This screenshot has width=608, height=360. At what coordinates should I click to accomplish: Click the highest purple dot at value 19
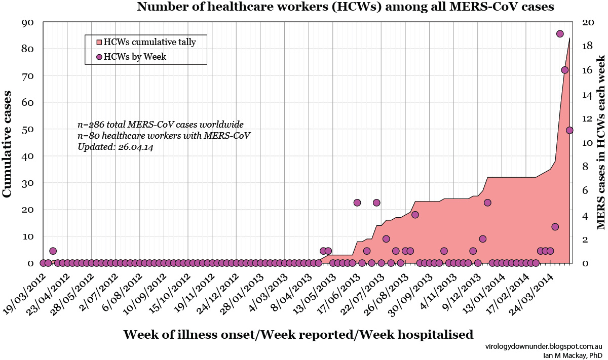pos(560,34)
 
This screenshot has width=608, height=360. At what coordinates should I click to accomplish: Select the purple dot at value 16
pos(564,70)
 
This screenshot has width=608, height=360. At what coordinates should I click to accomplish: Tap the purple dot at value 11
pos(569,130)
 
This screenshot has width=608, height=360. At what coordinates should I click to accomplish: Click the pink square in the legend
pos(99,42)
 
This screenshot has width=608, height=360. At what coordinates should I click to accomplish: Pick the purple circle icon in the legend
pos(99,57)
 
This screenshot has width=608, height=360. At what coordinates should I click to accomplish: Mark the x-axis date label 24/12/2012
pos(217,291)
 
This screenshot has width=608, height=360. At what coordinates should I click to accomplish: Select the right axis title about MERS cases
pos(601,144)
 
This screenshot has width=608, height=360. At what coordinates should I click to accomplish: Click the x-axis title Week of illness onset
pos(298,335)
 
